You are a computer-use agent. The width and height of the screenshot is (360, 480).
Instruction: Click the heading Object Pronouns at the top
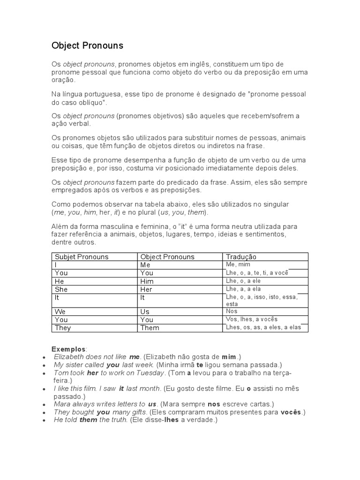pyautogui.click(x=87, y=45)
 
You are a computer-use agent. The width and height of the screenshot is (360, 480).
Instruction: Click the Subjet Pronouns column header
pyautogui.click(x=82, y=257)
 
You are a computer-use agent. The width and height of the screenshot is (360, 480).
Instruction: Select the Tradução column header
pyautogui.click(x=241, y=257)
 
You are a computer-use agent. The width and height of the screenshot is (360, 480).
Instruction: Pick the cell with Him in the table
pyautogui.click(x=147, y=281)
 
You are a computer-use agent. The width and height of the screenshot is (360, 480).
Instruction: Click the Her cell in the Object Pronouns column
pyautogui.click(x=147, y=290)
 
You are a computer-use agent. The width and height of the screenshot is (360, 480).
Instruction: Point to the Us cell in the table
pyautogui.click(x=145, y=312)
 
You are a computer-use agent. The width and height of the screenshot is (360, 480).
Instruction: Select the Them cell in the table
pyautogui.click(x=150, y=328)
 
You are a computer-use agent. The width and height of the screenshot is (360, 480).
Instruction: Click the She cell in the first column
pyautogui.click(x=61, y=290)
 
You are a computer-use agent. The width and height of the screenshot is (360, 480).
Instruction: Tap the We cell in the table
pyautogui.click(x=60, y=312)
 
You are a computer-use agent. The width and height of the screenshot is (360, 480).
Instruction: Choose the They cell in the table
pyautogui.click(x=63, y=328)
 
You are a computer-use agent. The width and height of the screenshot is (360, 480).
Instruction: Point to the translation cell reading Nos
pyautogui.click(x=232, y=311)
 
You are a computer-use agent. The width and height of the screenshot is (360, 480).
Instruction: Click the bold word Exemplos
pyautogui.click(x=68, y=349)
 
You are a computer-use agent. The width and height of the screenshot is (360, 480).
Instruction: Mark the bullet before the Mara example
pyautogui.click(x=44, y=405)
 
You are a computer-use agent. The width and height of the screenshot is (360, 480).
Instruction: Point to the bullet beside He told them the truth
pyautogui.click(x=44, y=420)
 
